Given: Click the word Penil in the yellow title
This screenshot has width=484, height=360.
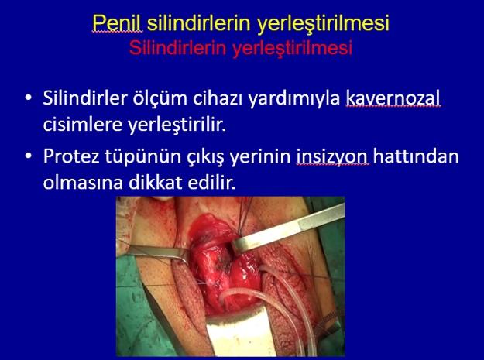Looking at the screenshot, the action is tap(117, 22).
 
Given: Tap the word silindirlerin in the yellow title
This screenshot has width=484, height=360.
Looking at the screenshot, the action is tap(198, 22).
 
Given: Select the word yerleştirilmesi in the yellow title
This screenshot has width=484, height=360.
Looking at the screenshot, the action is tap(323, 23).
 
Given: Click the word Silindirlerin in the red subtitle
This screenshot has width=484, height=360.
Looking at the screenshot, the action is tap(177, 48).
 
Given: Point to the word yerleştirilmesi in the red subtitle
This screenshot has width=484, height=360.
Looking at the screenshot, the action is tap(292, 49).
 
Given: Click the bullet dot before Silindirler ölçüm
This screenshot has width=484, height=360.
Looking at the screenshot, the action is tap(29, 98).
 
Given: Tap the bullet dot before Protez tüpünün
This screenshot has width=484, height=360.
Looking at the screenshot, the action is tap(29, 156).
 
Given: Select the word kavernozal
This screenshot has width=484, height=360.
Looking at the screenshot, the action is tap(393, 98).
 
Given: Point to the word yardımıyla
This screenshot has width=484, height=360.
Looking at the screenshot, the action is tap(294, 99).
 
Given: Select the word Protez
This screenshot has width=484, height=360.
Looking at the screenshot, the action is tap(71, 156).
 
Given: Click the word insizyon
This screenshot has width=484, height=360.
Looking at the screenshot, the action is tap(332, 157).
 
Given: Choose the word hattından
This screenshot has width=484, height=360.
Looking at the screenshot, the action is tap(416, 156).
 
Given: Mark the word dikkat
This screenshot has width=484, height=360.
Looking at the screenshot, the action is tap(155, 183).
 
